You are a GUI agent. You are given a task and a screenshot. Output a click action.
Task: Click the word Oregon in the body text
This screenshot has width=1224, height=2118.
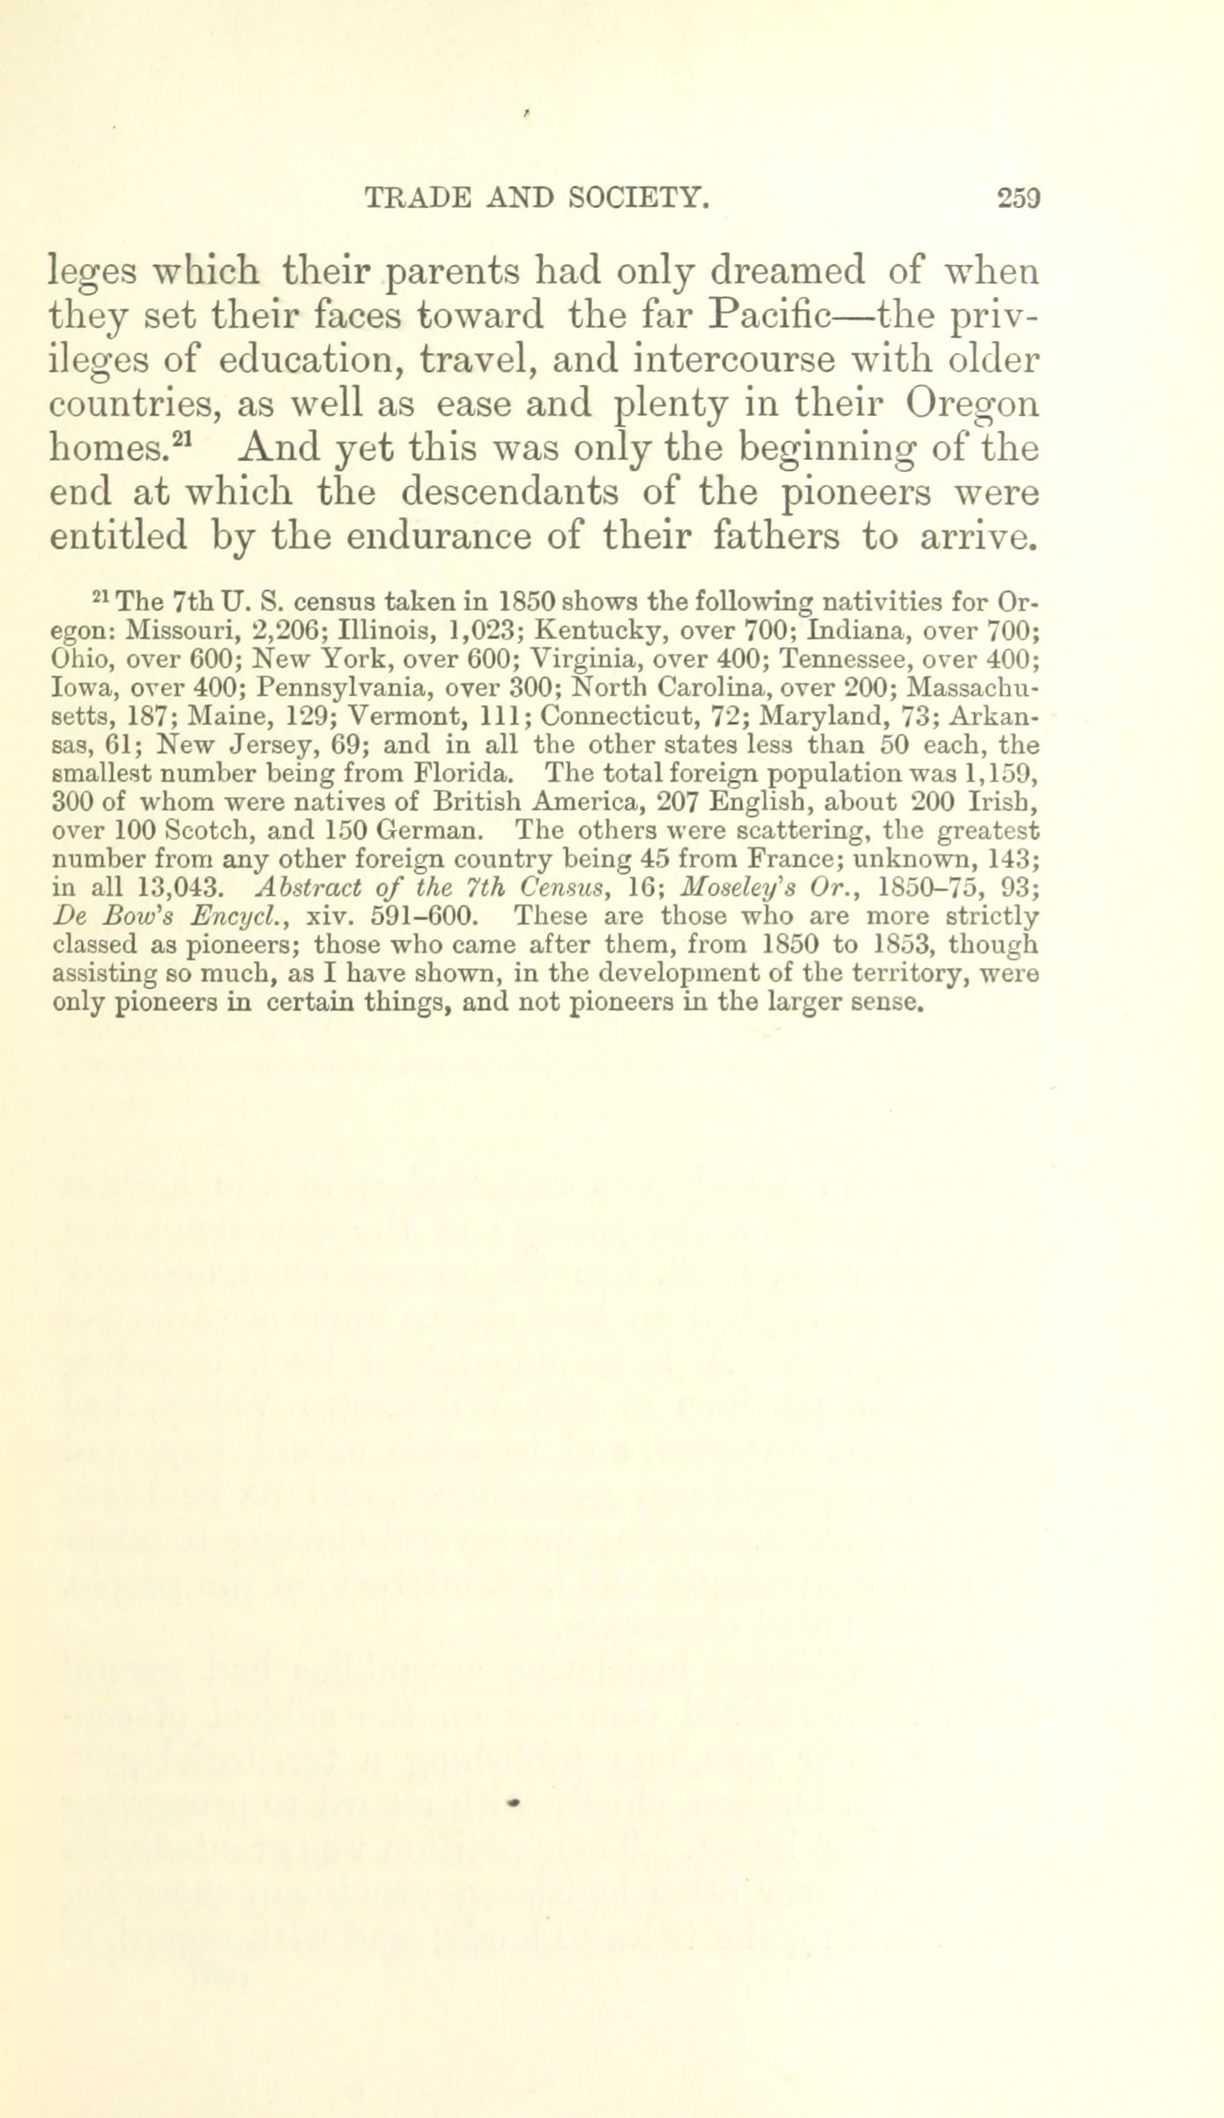pyautogui.click(x=973, y=405)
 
